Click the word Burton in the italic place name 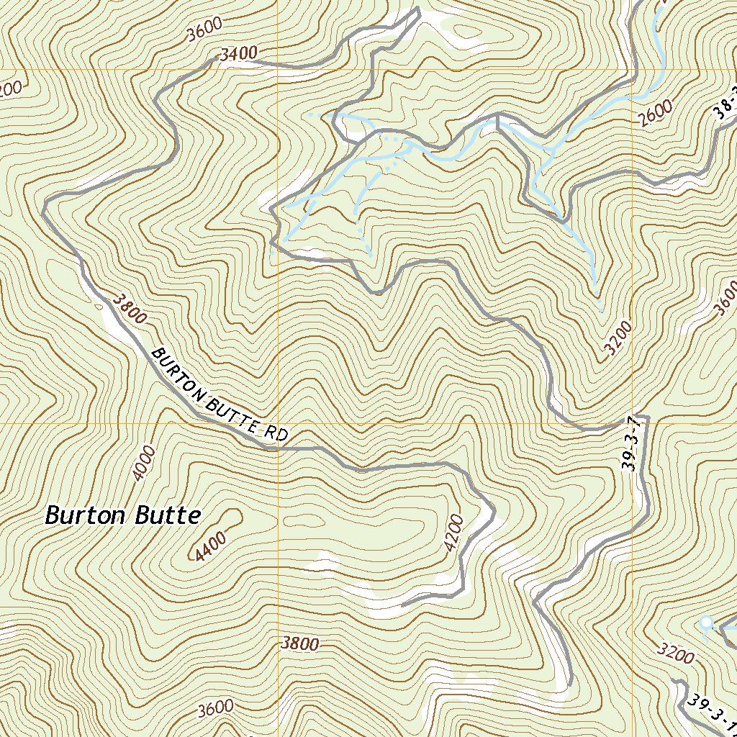pyautogui.click(x=79, y=515)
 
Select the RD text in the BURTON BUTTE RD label pyautogui.click(x=276, y=433)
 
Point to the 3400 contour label pyautogui.click(x=238, y=53)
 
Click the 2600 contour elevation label pyautogui.click(x=655, y=112)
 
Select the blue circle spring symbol pyautogui.click(x=706, y=622)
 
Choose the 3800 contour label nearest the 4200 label pyautogui.click(x=299, y=643)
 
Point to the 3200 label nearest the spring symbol pyautogui.click(x=677, y=654)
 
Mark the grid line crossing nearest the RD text pyautogui.click(x=278, y=423)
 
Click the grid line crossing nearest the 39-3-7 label pyautogui.click(x=633, y=423)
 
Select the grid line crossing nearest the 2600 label pyautogui.click(x=633, y=70)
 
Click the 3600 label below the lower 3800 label pyautogui.click(x=215, y=708)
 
